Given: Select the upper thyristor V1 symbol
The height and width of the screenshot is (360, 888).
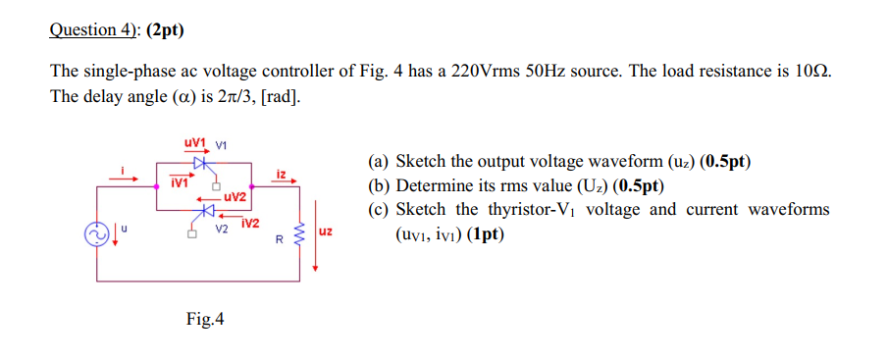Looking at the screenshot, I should [200, 163].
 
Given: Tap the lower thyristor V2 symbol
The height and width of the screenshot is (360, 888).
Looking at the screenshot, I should [206, 210].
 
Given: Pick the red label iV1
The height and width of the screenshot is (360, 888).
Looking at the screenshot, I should [179, 181].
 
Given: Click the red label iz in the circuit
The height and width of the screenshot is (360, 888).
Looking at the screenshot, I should [281, 174].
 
